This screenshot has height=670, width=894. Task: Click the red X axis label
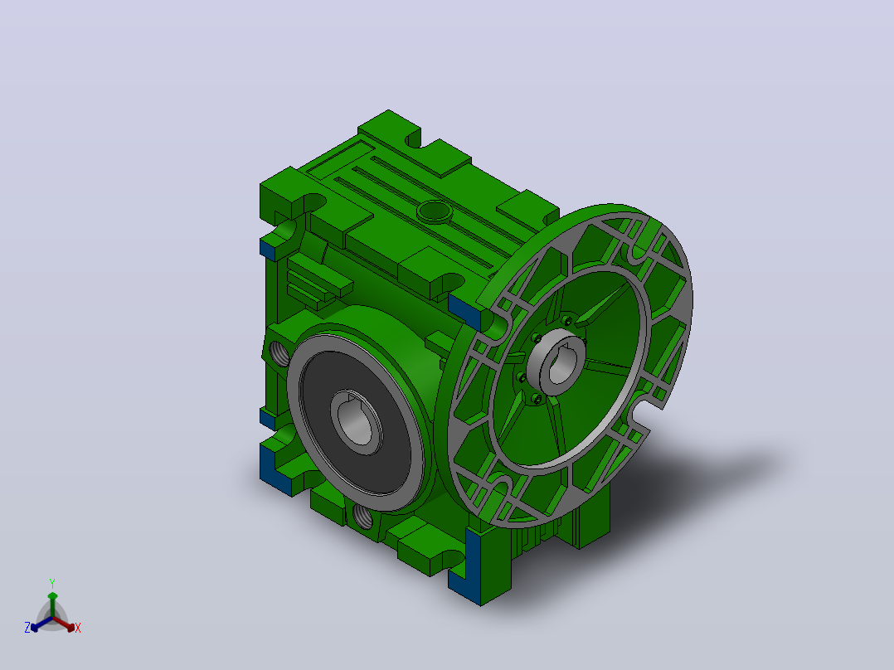pyautogui.click(x=78, y=628)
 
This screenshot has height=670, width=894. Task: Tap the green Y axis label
pyautogui.click(x=52, y=583)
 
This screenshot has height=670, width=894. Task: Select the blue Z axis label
pyautogui.click(x=27, y=628)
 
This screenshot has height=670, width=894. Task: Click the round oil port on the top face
pyautogui.click(x=435, y=211)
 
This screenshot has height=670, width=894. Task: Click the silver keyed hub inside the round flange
pyautogui.click(x=556, y=362)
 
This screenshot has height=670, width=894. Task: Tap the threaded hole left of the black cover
pyautogui.click(x=279, y=353)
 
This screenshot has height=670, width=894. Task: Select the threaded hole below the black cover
pyautogui.click(x=363, y=517)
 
